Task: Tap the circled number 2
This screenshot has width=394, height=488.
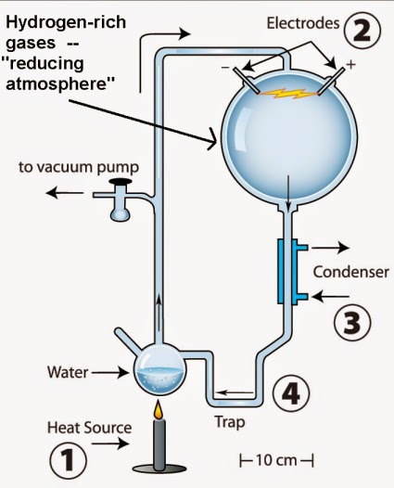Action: (362, 31)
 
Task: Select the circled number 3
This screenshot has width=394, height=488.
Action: (352, 322)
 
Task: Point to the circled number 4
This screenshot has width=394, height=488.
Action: (291, 393)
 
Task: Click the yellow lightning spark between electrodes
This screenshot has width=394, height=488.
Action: (289, 93)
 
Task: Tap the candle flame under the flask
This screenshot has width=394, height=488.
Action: (159, 410)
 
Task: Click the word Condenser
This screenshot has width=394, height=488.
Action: (350, 272)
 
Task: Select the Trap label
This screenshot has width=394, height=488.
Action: (230, 423)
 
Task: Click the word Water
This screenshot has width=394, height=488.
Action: (68, 372)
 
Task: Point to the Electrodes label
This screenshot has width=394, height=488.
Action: (303, 23)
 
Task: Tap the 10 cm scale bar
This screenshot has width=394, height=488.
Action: (277, 460)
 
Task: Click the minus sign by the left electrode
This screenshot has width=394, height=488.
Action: (225, 68)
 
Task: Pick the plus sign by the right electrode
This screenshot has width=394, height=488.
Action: (350, 65)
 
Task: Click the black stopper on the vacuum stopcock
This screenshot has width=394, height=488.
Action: (121, 181)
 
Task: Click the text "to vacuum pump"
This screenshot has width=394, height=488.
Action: (79, 167)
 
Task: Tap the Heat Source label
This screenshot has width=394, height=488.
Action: (89, 428)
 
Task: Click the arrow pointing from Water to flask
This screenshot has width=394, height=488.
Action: (109, 372)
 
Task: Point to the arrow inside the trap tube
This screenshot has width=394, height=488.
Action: (235, 393)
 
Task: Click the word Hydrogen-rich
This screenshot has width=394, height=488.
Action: (66, 22)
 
